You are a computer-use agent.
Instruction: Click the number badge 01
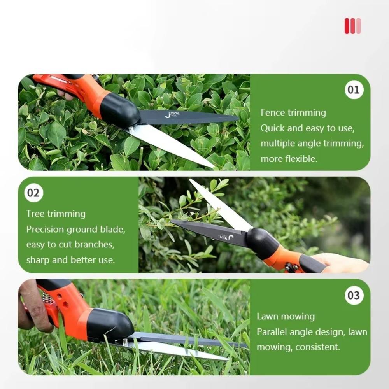point(354,90)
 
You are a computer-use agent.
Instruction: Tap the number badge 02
point(34,193)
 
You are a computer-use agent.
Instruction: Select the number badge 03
point(354,295)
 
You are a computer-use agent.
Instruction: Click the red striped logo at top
point(352,26)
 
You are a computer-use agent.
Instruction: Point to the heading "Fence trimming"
point(293,113)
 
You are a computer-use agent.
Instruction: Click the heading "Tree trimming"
point(56,214)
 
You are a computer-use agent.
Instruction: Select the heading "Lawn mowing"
point(286,317)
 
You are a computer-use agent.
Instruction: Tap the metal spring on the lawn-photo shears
point(47,298)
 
